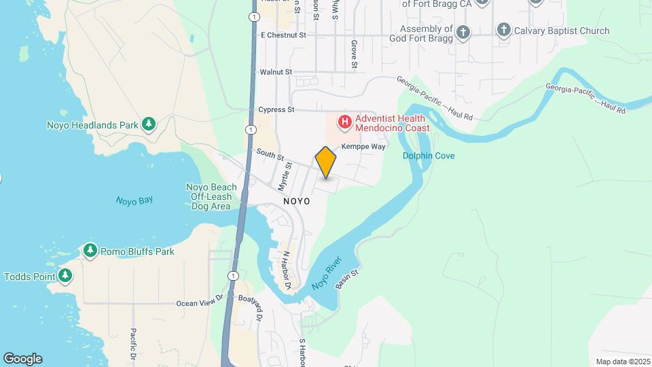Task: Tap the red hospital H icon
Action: coord(345,123)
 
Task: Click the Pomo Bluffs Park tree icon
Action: coord(90,251)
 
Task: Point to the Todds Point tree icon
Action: coord(65,276)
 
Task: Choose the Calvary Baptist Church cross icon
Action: coord(504,30)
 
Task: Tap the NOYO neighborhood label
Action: coord(297,202)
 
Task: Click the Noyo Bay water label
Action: coord(134,200)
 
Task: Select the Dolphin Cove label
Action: coord(429,156)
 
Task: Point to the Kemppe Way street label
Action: coord(363,146)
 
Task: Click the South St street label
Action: coord(270,155)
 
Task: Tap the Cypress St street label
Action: coord(276,109)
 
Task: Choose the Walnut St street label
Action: coord(276,71)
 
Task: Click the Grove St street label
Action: coord(354,54)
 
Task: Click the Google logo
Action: coord(22,359)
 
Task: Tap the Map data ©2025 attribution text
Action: coord(621,362)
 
